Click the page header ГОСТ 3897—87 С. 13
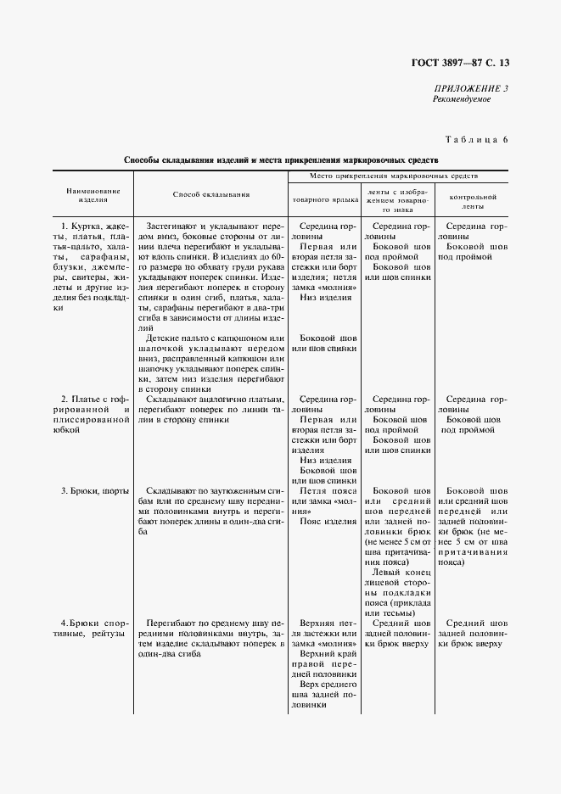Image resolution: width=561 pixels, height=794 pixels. pyautogui.click(x=465, y=62)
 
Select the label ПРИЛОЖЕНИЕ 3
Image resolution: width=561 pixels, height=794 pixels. pyautogui.click(x=471, y=88)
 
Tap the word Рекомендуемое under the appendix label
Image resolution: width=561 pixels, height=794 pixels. pyautogui.click(x=463, y=99)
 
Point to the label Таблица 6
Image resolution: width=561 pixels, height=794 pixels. pyautogui.click(x=476, y=138)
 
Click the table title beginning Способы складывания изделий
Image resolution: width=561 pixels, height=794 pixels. pyautogui.click(x=281, y=159)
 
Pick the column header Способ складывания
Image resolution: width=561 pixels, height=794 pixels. pyautogui.click(x=211, y=194)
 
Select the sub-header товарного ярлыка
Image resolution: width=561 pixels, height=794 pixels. pyautogui.click(x=320, y=200)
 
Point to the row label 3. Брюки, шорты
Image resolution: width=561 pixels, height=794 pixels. pyautogui.click(x=93, y=491)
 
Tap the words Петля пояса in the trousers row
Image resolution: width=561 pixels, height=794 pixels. pyautogui.click(x=328, y=491)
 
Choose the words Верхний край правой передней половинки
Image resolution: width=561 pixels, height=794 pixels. pyautogui.click(x=325, y=665)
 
